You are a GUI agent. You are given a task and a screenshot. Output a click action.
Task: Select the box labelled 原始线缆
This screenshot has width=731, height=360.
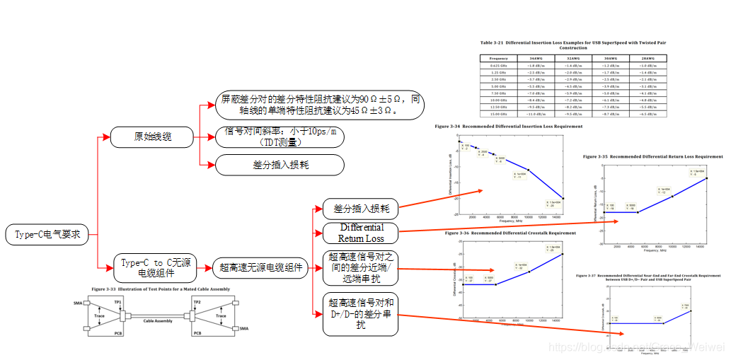click(152, 137)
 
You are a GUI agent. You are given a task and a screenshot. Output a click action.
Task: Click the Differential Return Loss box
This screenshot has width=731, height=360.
click(361, 233)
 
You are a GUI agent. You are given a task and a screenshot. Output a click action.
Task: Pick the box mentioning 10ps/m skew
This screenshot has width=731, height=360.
click(280, 137)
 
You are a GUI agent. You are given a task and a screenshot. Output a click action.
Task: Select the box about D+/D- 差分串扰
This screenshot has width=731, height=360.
click(361, 311)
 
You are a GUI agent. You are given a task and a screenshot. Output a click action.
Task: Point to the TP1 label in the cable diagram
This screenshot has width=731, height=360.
click(119, 301)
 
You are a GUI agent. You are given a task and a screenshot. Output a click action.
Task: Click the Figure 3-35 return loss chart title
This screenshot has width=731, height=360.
click(652, 156)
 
